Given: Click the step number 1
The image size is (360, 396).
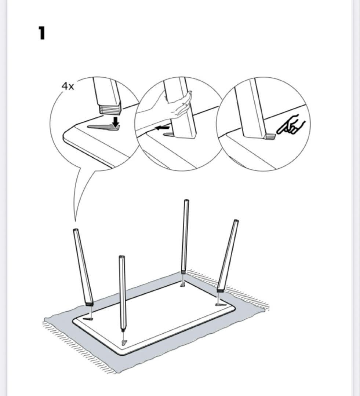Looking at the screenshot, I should coord(41,33).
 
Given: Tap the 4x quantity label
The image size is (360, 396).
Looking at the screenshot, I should coord(68,87).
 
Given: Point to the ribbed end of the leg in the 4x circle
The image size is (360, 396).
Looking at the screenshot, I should coord(110,109).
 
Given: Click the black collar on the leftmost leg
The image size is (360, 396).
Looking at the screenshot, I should coord(89,304).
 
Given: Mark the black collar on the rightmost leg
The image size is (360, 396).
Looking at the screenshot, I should coord(220,290).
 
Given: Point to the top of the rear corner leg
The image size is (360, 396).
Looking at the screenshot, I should coord(186,201).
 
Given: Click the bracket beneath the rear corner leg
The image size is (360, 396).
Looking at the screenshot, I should coord(182,285).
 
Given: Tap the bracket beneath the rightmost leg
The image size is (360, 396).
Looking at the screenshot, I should coord(220,304).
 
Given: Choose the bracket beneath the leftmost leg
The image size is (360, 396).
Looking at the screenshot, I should coord(88,319).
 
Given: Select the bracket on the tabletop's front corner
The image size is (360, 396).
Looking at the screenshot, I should coord(124,342).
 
